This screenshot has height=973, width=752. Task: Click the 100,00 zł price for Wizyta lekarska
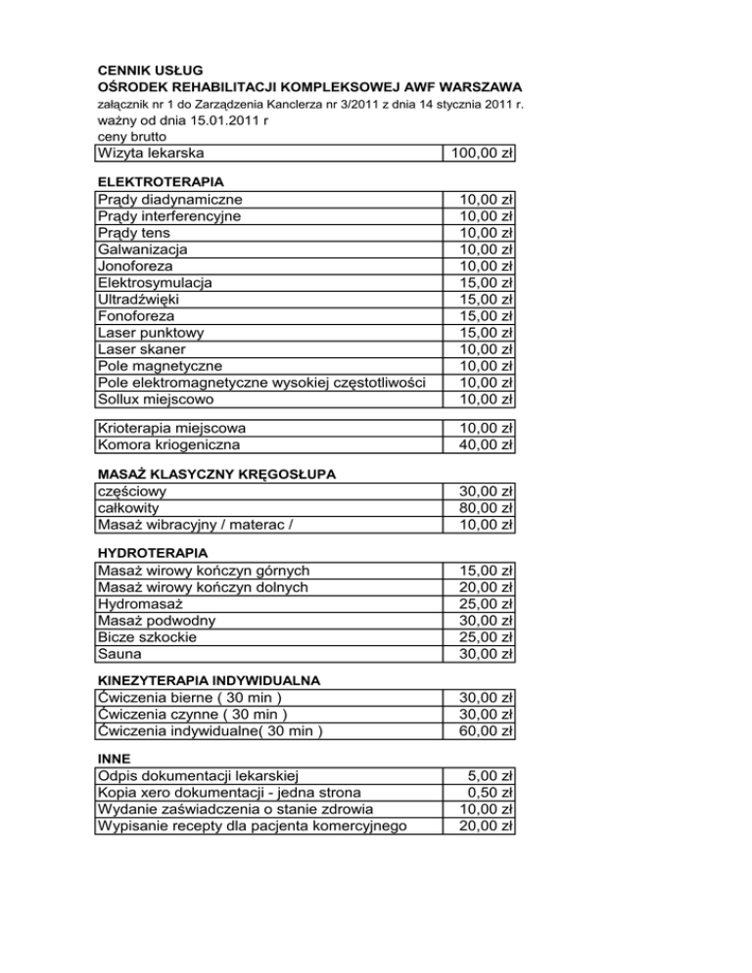tap(480, 154)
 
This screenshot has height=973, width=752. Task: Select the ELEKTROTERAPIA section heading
tap(160, 182)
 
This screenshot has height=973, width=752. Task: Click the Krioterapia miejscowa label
tap(171, 428)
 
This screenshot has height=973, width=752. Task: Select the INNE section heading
tap(115, 759)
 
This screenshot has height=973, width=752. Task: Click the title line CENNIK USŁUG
tap(151, 69)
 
